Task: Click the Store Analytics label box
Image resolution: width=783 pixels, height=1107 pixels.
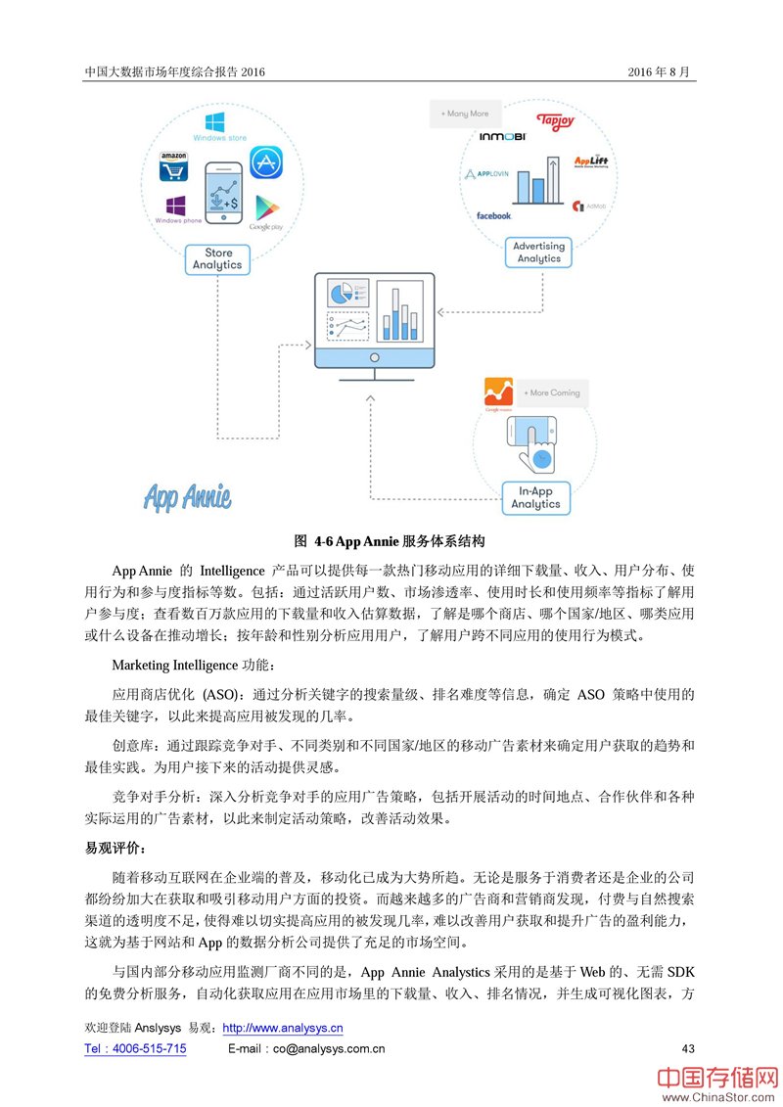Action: (217, 258)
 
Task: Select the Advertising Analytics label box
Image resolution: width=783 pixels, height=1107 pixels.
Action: (538, 253)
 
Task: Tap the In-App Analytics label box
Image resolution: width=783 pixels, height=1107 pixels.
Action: (535, 497)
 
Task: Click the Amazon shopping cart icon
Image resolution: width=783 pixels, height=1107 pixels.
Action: (174, 167)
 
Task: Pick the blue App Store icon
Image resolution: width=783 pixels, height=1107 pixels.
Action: (265, 162)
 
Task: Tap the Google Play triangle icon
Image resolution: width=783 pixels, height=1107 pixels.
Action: (264, 208)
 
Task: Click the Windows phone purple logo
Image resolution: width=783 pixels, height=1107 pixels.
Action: (176, 207)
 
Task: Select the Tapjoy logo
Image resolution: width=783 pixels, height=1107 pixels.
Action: (555, 121)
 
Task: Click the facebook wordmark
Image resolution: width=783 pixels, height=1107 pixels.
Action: (493, 215)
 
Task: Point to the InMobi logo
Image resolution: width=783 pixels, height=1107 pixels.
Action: (504, 136)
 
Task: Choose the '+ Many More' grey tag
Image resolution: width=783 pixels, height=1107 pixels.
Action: (465, 114)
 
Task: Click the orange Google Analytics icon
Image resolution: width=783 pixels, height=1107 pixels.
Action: (499, 392)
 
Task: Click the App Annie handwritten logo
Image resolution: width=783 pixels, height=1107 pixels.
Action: (188, 496)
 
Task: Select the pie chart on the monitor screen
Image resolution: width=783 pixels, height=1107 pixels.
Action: (341, 294)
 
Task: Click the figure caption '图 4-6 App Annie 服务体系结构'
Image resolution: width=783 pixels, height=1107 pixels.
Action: (391, 540)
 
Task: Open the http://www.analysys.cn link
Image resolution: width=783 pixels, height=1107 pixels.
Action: (283, 1028)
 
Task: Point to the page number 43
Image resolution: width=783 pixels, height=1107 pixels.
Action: (687, 1048)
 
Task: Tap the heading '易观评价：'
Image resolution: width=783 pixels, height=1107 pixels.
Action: (116, 848)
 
